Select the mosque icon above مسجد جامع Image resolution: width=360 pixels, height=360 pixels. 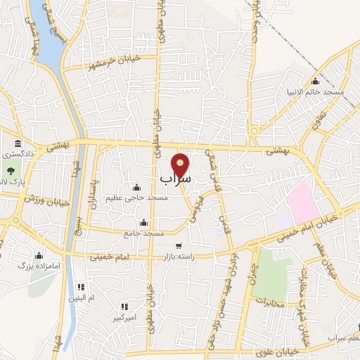[x=144, y=223]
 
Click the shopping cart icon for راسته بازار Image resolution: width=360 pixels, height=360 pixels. [x=179, y=246]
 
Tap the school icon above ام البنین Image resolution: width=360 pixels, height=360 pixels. [x=82, y=287]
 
